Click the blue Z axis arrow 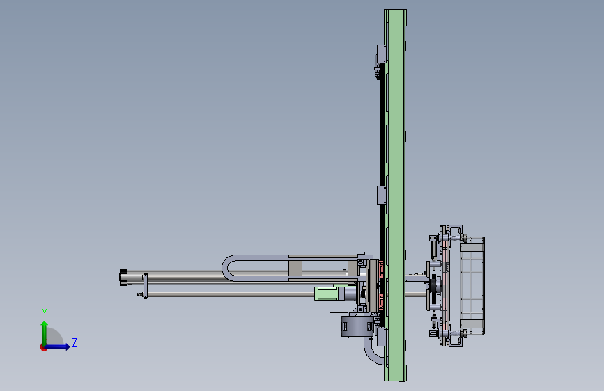point(57,346)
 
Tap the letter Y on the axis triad point(45,313)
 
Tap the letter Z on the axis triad point(75,342)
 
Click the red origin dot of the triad point(43,347)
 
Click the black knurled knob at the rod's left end point(123,277)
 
